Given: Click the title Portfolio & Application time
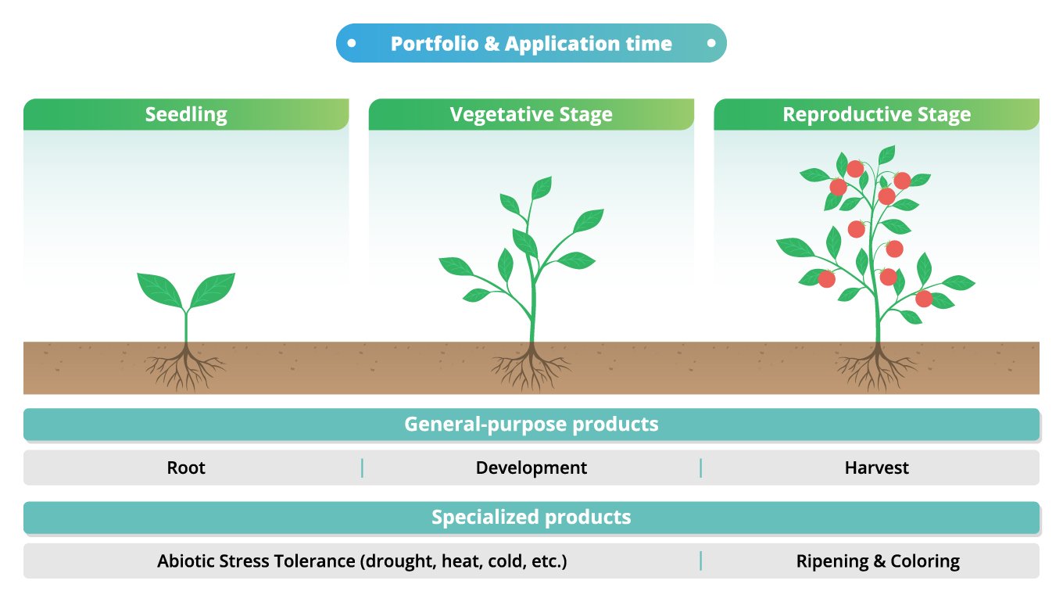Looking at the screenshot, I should (x=531, y=44).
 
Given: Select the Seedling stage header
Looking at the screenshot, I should (x=186, y=115).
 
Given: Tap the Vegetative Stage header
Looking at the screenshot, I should (x=531, y=115).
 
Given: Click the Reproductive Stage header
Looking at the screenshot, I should (x=876, y=115).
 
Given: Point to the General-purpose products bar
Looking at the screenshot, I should (x=531, y=425).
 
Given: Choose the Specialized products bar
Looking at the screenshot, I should (x=531, y=517).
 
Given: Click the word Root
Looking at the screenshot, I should (x=186, y=468).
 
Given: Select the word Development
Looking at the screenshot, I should (x=531, y=468).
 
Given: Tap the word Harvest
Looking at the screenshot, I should (x=876, y=468).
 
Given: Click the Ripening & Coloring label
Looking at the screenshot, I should (x=878, y=561).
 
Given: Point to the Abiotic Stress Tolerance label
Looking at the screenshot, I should (x=361, y=561).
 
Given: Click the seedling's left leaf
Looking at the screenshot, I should (x=160, y=287).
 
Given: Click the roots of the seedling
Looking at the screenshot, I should (x=186, y=367).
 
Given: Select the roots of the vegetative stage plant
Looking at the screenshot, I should (x=531, y=366).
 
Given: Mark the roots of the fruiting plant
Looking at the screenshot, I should (x=877, y=366).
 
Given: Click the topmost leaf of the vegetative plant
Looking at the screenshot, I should (x=541, y=188).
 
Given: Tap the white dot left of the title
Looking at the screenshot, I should (x=352, y=43).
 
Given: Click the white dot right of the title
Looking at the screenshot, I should (x=711, y=43).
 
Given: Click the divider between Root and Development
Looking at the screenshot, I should (x=362, y=468).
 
